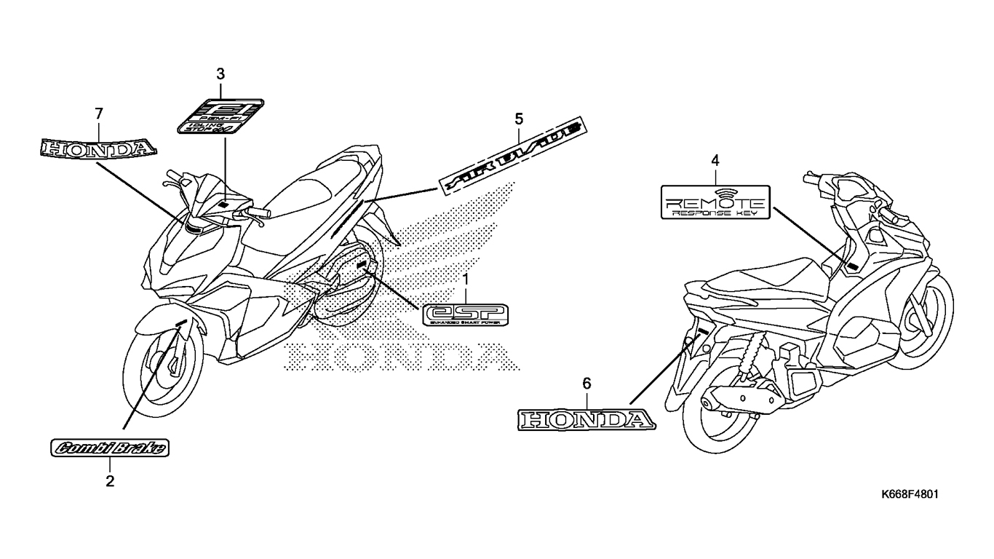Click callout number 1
pyautogui.click(x=466, y=279)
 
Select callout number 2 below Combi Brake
pyautogui.click(x=110, y=480)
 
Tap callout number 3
pyautogui.click(x=220, y=74)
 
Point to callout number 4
pyautogui.click(x=715, y=159)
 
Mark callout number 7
pyautogui.click(x=99, y=114)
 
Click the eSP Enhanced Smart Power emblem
pyautogui.click(x=466, y=314)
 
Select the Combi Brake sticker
pyautogui.click(x=109, y=448)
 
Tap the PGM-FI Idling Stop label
pyautogui.click(x=221, y=116)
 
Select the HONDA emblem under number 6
pyautogui.click(x=586, y=420)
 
